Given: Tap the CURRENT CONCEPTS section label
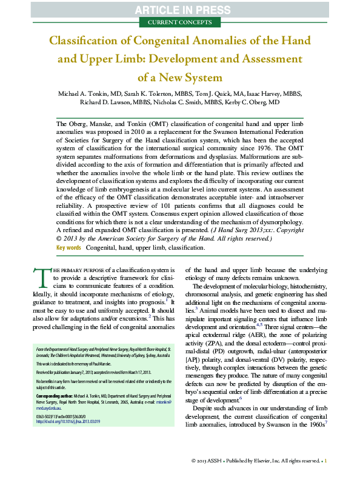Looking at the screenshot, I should tap(180, 22).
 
